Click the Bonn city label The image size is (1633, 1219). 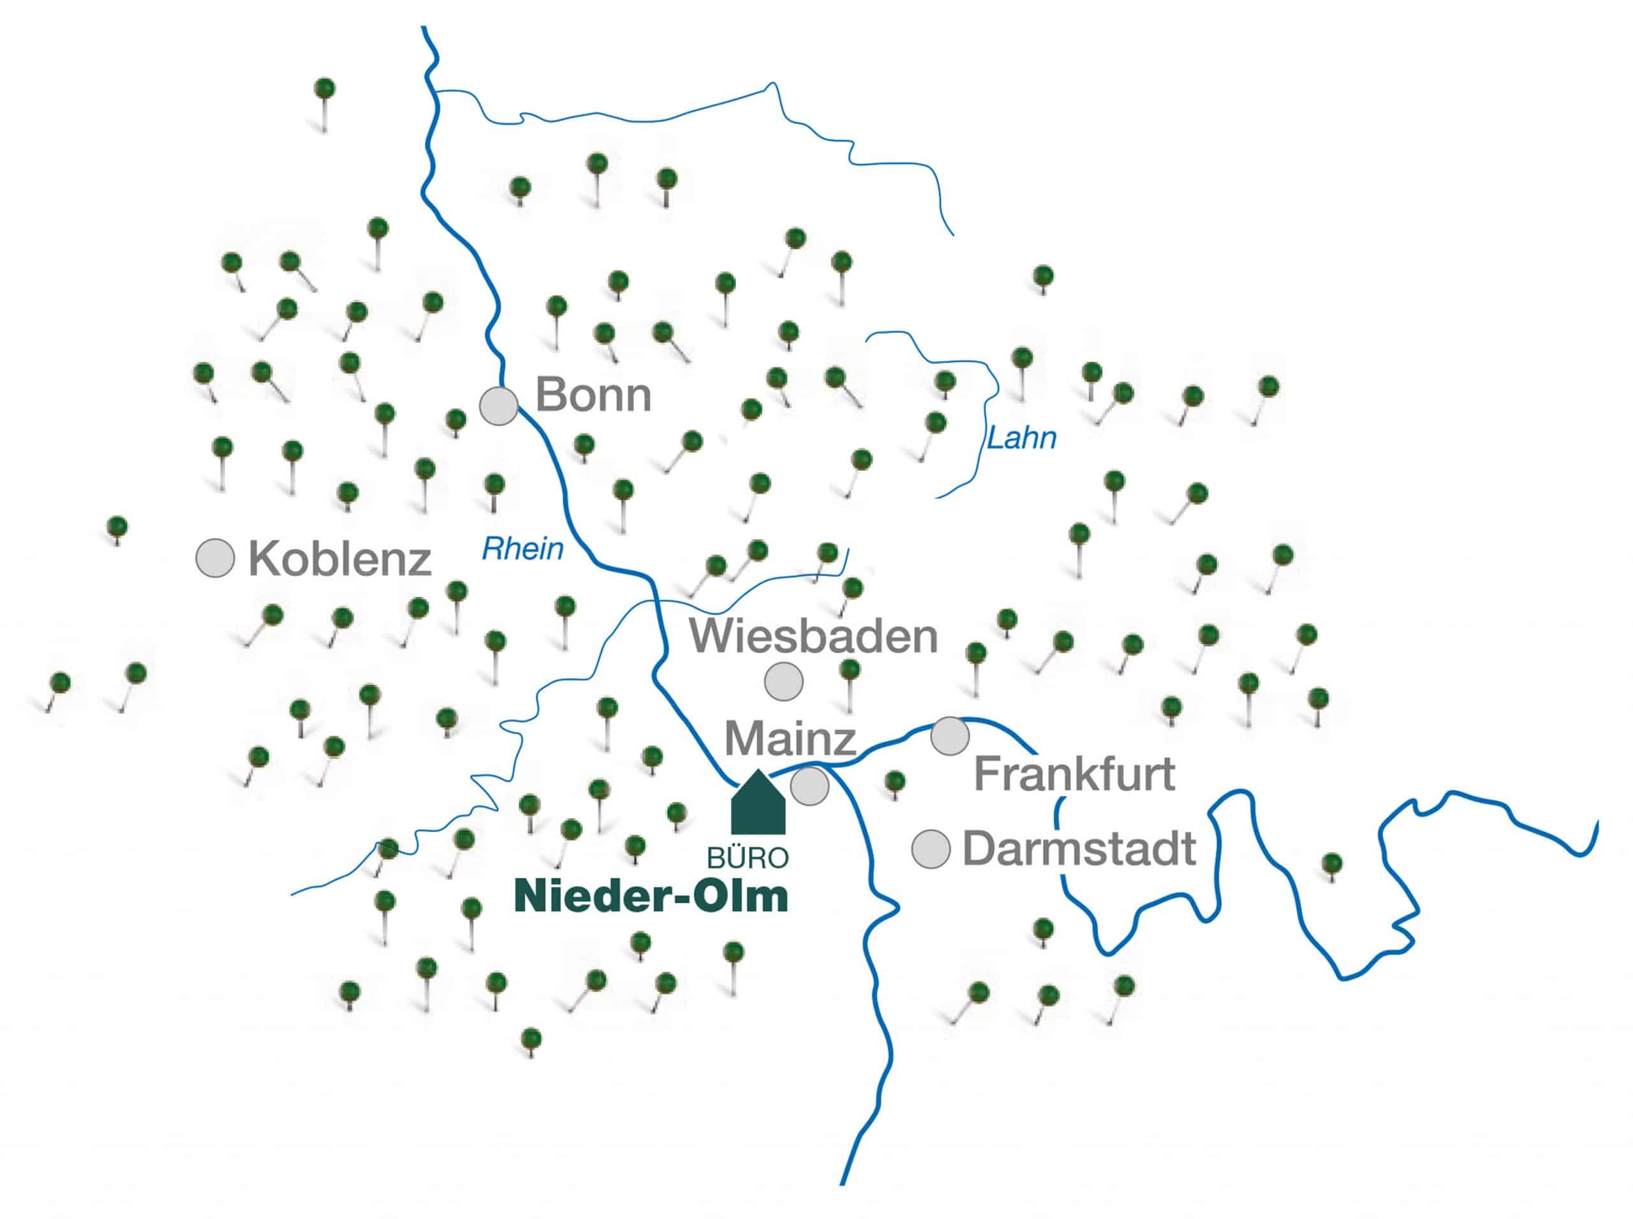pos(593,395)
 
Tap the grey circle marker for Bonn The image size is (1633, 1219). pos(499,406)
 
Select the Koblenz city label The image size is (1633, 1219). pos(339,559)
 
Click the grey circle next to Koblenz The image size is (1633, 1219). pos(215,558)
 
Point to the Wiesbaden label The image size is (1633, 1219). pos(813,637)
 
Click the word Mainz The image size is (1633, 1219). pos(790,738)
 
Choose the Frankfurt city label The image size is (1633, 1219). pos(1074,774)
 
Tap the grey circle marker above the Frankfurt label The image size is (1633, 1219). pos(949,735)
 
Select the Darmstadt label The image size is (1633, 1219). pos(1079,848)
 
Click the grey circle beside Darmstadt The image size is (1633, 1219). pos(931,849)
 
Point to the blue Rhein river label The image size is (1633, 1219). pos(522,549)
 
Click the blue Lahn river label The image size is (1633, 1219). pos(1021,438)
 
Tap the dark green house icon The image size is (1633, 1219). pos(758,804)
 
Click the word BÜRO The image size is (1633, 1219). pos(748,857)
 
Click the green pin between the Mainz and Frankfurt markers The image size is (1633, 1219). pos(894,780)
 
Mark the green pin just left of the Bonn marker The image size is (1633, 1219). pos(456,420)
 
